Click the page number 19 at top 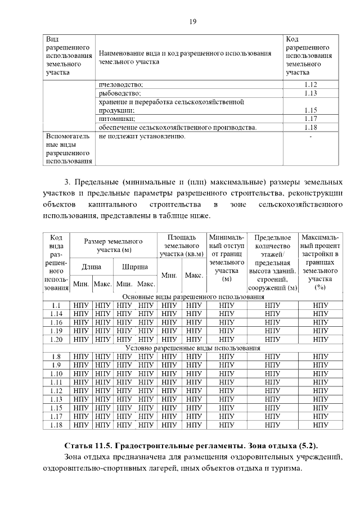click(192, 22)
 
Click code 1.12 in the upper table click(311, 84)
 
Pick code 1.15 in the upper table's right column click(311, 110)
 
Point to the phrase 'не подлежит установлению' click(142, 136)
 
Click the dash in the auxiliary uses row click(311, 136)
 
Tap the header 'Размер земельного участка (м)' click(113, 245)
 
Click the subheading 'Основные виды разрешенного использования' click(193, 296)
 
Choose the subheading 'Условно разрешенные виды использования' click(193, 348)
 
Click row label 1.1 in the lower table click(56, 305)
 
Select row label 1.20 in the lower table click(56, 339)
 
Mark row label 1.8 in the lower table click(56, 357)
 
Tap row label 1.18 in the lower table click(56, 425)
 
